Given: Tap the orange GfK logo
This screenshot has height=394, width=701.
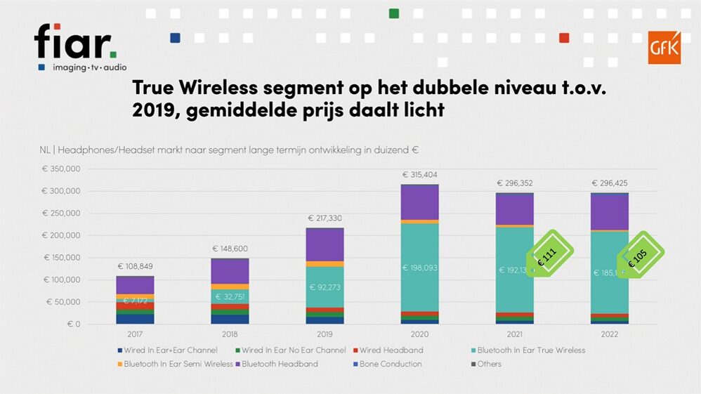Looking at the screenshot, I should click(x=663, y=47).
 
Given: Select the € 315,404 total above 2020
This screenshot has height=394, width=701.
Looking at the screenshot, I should click(x=419, y=174).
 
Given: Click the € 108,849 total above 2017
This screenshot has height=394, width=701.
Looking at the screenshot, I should click(x=136, y=266).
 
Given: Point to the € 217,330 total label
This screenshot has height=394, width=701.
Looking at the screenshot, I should click(x=325, y=218).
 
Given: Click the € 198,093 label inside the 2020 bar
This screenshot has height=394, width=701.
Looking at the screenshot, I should click(x=419, y=268).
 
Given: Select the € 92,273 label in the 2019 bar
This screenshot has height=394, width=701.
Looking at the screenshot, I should click(x=325, y=287).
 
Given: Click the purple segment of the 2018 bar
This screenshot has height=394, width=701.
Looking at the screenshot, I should click(x=230, y=271).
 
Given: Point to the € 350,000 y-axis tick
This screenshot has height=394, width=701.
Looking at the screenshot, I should click(x=61, y=169).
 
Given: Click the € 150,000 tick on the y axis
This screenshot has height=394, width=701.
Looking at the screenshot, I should click(x=61, y=258).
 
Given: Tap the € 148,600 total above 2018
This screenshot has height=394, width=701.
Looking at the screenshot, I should click(x=230, y=249).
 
